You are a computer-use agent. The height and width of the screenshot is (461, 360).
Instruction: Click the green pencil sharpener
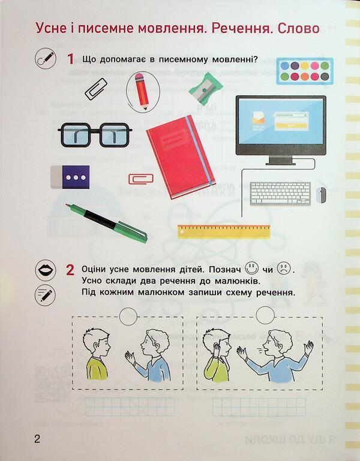pyautogui.click(x=205, y=89)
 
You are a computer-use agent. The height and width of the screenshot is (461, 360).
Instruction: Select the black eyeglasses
pyautogui.click(x=95, y=135)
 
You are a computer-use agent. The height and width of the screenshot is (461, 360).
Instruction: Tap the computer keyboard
pyautogui.click(x=280, y=193)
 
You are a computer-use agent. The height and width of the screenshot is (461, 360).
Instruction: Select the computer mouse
pyautogui.click(x=322, y=194)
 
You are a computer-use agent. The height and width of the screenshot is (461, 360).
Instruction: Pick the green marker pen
pyautogui.click(x=108, y=221)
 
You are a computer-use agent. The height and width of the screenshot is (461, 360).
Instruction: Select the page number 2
pyautogui.click(x=37, y=439)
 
